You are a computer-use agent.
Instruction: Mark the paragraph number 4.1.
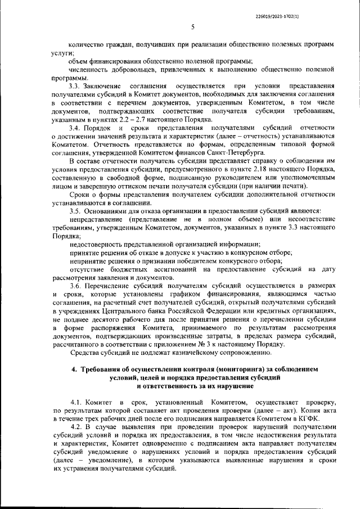tap(79, 404)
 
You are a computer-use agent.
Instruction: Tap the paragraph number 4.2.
tap(79, 427)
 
